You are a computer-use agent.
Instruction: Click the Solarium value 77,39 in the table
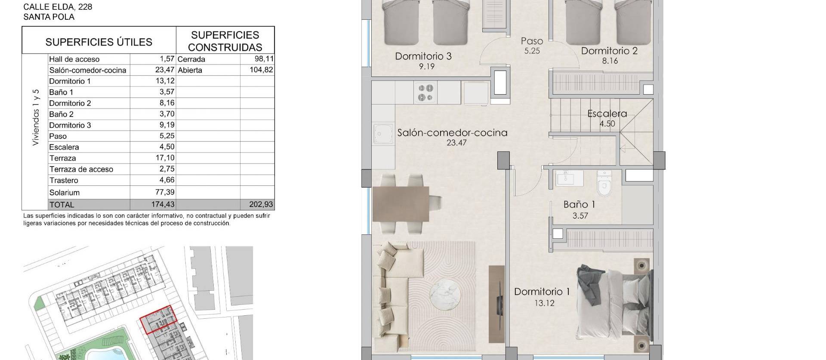[165, 192]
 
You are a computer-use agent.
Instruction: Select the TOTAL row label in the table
[62, 205]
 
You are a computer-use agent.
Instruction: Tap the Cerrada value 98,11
[264, 59]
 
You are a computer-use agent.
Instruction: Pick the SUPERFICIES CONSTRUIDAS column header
[225, 41]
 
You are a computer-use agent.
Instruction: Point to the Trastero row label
[64, 180]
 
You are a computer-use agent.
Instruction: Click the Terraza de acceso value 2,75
[167, 169]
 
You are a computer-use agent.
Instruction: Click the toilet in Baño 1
[604, 184]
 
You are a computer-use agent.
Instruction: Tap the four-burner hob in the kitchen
[426, 92]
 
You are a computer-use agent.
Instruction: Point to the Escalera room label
[607, 114]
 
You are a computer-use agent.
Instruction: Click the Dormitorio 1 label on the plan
[542, 292]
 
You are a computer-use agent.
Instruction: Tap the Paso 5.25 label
[532, 46]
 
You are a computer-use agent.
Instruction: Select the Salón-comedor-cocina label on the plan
[452, 133]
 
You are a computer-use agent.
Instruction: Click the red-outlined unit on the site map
[158, 320]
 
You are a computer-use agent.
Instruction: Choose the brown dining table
[401, 204]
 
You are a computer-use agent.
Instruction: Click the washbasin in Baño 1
[569, 178]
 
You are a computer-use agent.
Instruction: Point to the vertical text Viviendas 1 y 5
[36, 117]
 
